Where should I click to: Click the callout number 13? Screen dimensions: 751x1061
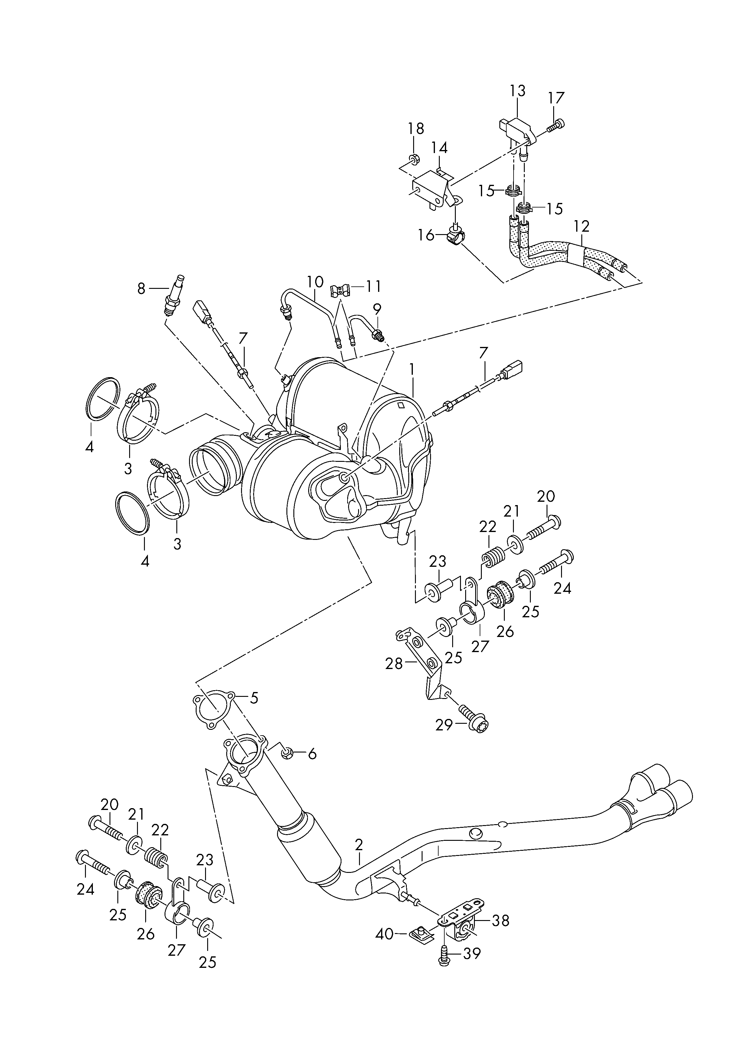518,91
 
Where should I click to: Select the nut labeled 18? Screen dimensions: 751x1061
415,159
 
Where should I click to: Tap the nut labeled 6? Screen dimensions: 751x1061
287,754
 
